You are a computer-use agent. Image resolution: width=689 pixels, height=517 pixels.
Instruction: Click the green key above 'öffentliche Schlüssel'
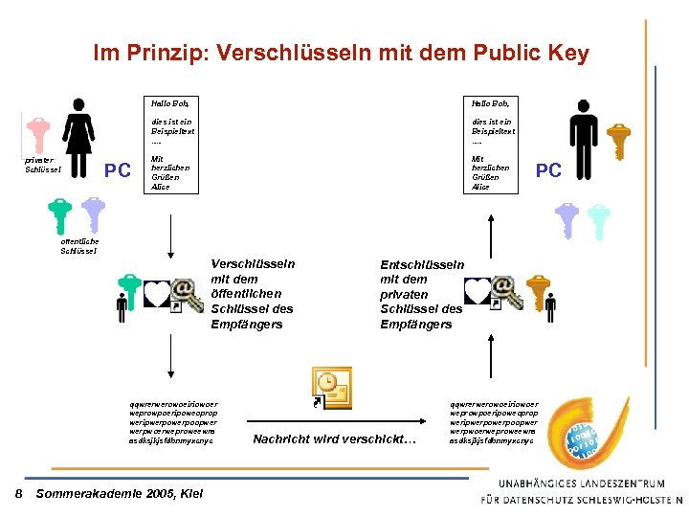pyautogui.click(x=61, y=215)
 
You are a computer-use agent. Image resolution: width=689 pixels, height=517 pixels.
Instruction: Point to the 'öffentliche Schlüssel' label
pyautogui.click(x=78, y=246)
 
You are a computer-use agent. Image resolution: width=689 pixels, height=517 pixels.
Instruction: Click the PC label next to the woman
pyautogui.click(x=117, y=170)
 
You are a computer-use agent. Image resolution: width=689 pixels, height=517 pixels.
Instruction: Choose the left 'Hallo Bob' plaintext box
pyautogui.click(x=171, y=144)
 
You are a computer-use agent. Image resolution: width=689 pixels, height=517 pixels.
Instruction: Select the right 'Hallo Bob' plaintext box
pyautogui.click(x=492, y=144)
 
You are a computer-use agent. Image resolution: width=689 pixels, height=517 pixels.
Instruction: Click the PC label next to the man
pyautogui.click(x=548, y=170)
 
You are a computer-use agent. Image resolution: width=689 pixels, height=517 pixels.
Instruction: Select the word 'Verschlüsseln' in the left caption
pyautogui.click(x=253, y=264)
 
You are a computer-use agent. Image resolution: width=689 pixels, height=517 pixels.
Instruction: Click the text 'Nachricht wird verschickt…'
pyautogui.click(x=335, y=439)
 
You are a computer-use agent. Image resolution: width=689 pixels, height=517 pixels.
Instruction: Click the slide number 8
pyautogui.click(x=19, y=492)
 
